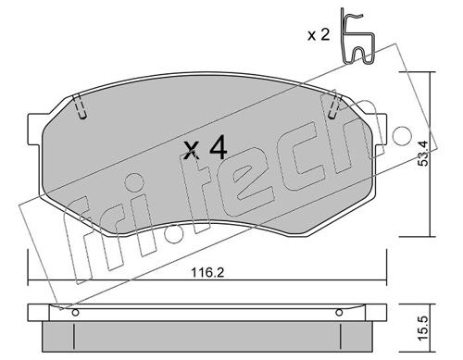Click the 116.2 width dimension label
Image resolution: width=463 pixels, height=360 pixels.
pos(207,273)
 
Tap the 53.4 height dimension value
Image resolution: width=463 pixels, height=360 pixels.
pos(424,154)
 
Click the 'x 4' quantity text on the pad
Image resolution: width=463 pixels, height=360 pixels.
pos(206,149)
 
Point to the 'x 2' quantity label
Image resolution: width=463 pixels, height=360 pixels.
pos(319,35)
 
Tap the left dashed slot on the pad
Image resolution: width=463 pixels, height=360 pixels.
pos(80,106)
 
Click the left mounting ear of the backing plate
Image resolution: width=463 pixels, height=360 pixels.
pos(34,129)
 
